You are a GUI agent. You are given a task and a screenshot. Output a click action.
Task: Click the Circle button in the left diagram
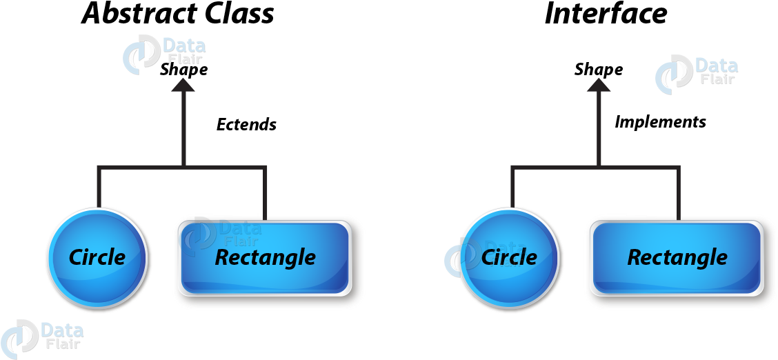pos(97,257)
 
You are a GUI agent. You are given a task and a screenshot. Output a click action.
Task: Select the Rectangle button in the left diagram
pos(266,258)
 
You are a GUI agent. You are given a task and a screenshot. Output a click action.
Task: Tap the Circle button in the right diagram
pos(510,257)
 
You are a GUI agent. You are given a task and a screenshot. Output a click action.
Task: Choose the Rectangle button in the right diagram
pos(677,258)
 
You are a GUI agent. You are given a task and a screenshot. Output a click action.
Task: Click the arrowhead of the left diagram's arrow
pos(183,85)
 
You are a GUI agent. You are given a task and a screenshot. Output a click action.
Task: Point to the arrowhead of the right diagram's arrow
pos(598,85)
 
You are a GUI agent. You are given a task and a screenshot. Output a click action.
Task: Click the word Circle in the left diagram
pos(97,257)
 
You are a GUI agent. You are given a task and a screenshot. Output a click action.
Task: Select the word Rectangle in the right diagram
pos(677,258)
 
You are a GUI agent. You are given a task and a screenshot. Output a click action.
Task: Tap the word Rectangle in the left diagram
pos(266,258)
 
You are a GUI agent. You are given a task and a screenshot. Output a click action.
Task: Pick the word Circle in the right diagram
pos(510,257)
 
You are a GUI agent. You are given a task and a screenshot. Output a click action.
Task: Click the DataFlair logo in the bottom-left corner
pos(41,336)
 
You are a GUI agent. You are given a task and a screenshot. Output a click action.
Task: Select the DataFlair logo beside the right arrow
pos(695,72)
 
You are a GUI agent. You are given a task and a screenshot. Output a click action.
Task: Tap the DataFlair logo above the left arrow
pos(163,52)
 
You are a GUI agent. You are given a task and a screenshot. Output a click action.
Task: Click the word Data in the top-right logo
pos(716,66)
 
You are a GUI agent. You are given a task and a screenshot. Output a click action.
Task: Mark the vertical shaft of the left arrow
pos(183,128)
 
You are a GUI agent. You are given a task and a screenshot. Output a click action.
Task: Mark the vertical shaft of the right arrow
pos(598,128)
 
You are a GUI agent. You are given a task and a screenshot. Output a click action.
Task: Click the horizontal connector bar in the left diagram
pos(182,168)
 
